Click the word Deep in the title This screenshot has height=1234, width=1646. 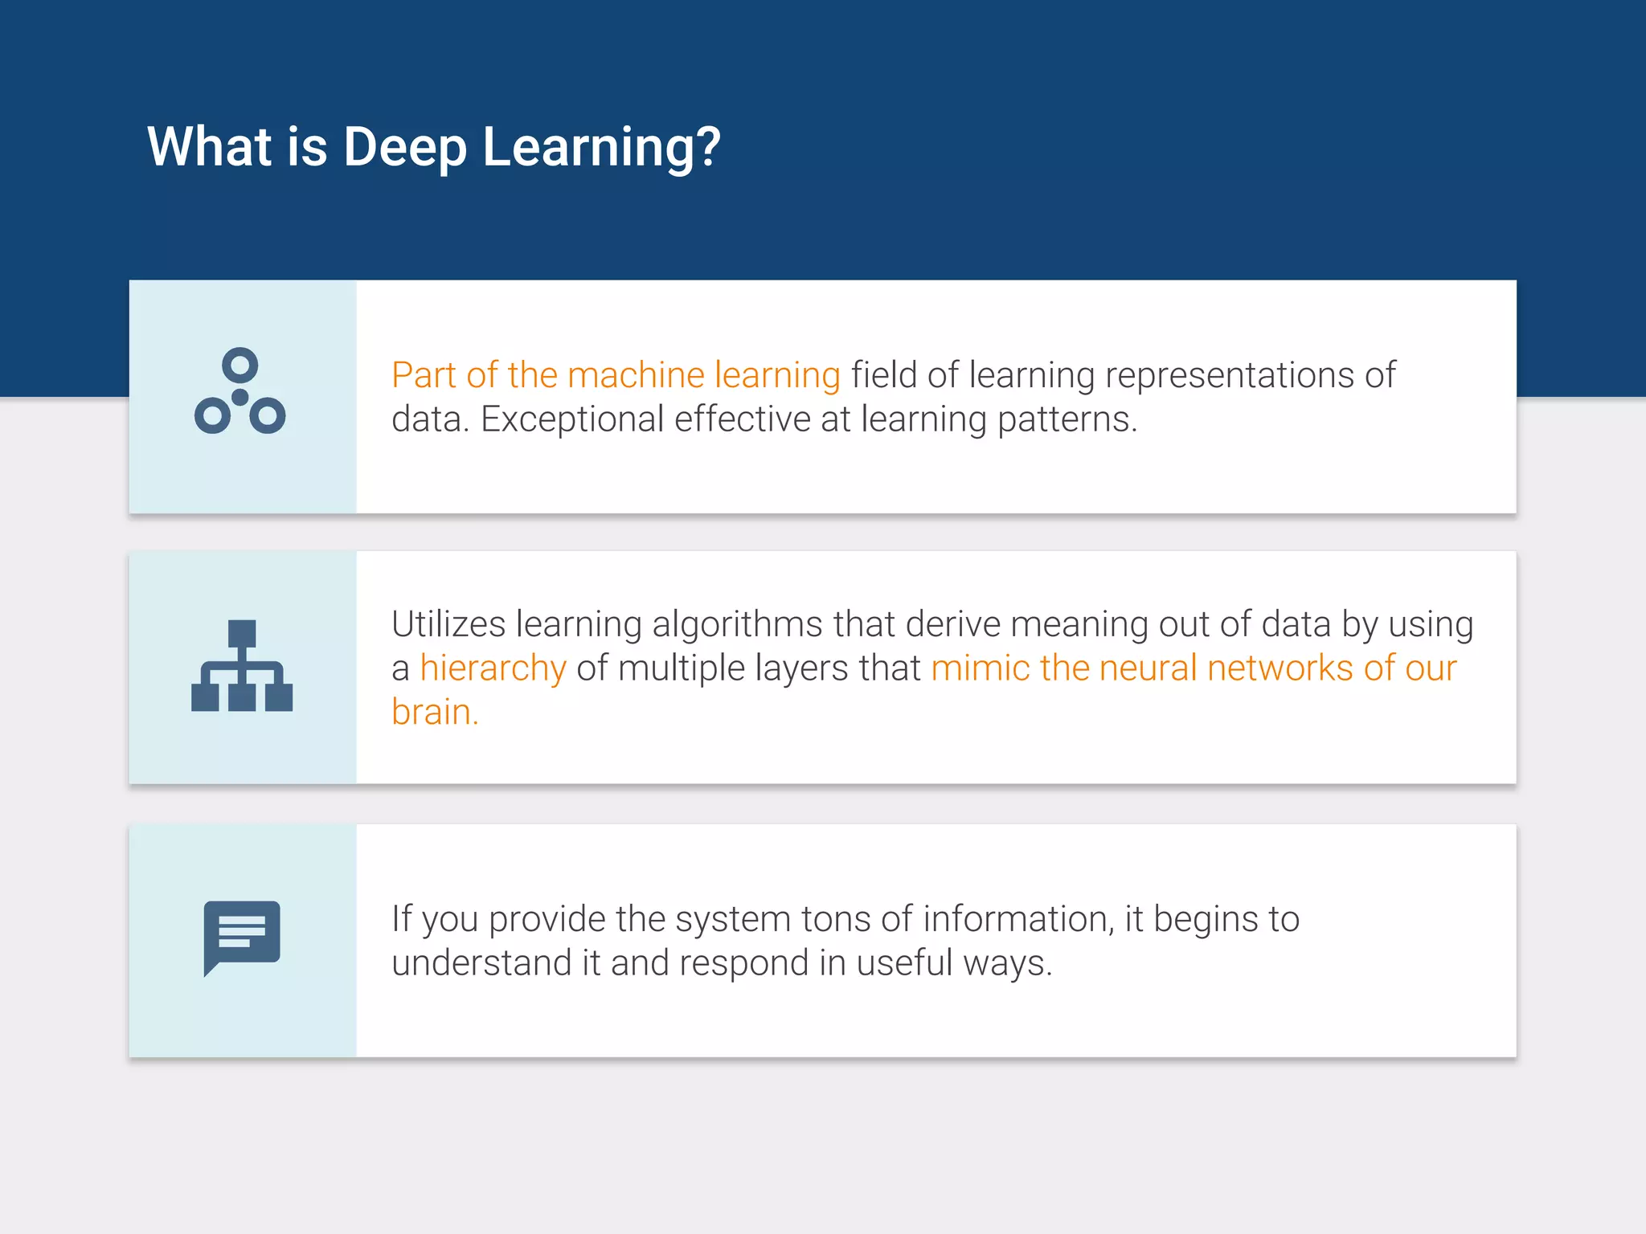[x=404, y=148]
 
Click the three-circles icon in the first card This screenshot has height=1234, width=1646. [x=240, y=392]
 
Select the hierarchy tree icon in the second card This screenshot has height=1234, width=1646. [x=242, y=666]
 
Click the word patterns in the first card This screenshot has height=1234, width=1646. [x=1067, y=419]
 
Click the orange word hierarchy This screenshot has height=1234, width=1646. [x=493, y=668]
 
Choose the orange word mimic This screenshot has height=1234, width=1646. [x=980, y=668]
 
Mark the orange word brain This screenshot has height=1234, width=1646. [x=434, y=713]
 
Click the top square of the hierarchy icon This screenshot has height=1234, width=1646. [x=242, y=633]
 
